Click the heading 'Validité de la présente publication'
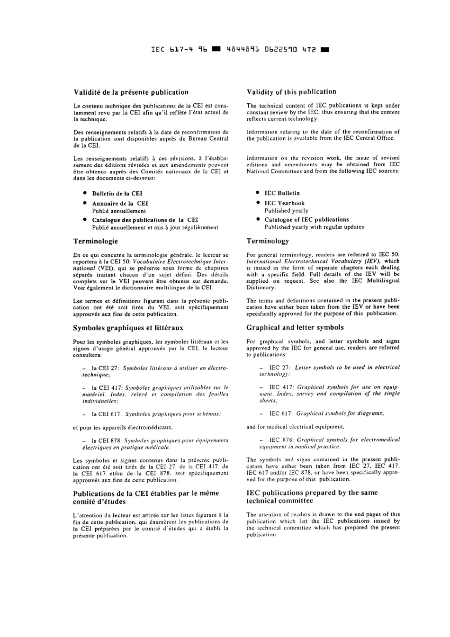tap(131, 92)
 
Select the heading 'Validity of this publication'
tap(291, 92)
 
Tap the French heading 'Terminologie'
tap(95, 242)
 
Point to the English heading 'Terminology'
tap(267, 241)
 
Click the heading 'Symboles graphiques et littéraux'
tap(128, 328)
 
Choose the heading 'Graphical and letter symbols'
tap(295, 327)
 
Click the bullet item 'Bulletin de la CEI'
tap(117, 194)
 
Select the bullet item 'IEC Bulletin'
tap(282, 193)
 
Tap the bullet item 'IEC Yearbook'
tap(284, 203)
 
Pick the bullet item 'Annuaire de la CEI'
tap(120, 204)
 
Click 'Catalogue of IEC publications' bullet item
tap(306, 220)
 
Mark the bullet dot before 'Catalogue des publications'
tap(84, 220)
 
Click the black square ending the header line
tap(324, 49)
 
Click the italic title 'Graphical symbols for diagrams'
tap(340, 413)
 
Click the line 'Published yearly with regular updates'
tap(314, 227)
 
